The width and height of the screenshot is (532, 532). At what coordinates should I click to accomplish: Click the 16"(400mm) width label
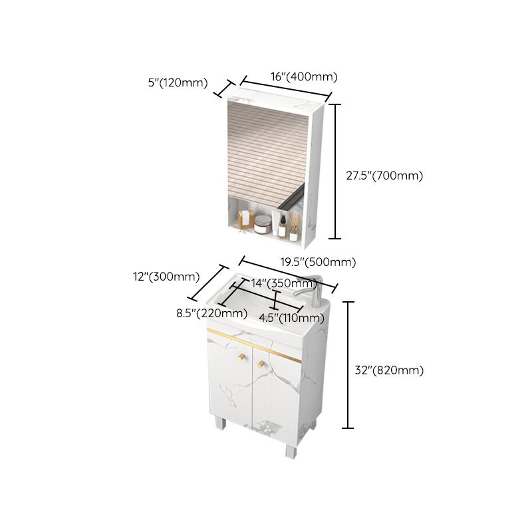point(304,76)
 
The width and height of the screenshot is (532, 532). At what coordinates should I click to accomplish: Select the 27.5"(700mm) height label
point(384,176)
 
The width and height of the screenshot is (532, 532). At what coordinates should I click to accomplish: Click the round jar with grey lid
point(263,225)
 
